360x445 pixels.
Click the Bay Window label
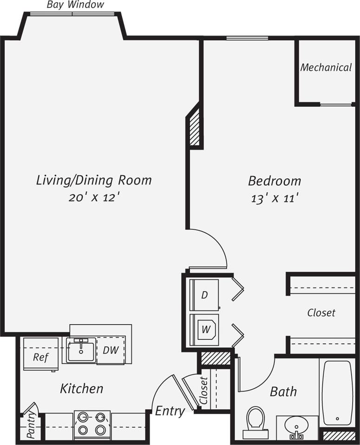click(x=75, y=5)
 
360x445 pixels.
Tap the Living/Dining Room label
click(x=94, y=180)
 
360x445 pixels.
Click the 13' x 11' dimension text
click(x=274, y=198)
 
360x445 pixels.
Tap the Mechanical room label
click(x=326, y=67)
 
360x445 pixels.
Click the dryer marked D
click(x=204, y=295)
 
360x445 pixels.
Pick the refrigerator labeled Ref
click(x=40, y=357)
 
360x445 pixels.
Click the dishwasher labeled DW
click(x=111, y=350)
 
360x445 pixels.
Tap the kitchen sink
click(x=81, y=350)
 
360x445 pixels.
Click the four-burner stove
click(x=92, y=423)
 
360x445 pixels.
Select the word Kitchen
click(x=82, y=388)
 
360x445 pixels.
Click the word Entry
click(x=170, y=411)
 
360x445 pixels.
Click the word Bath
click(x=283, y=392)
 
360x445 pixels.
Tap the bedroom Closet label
click(x=321, y=313)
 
